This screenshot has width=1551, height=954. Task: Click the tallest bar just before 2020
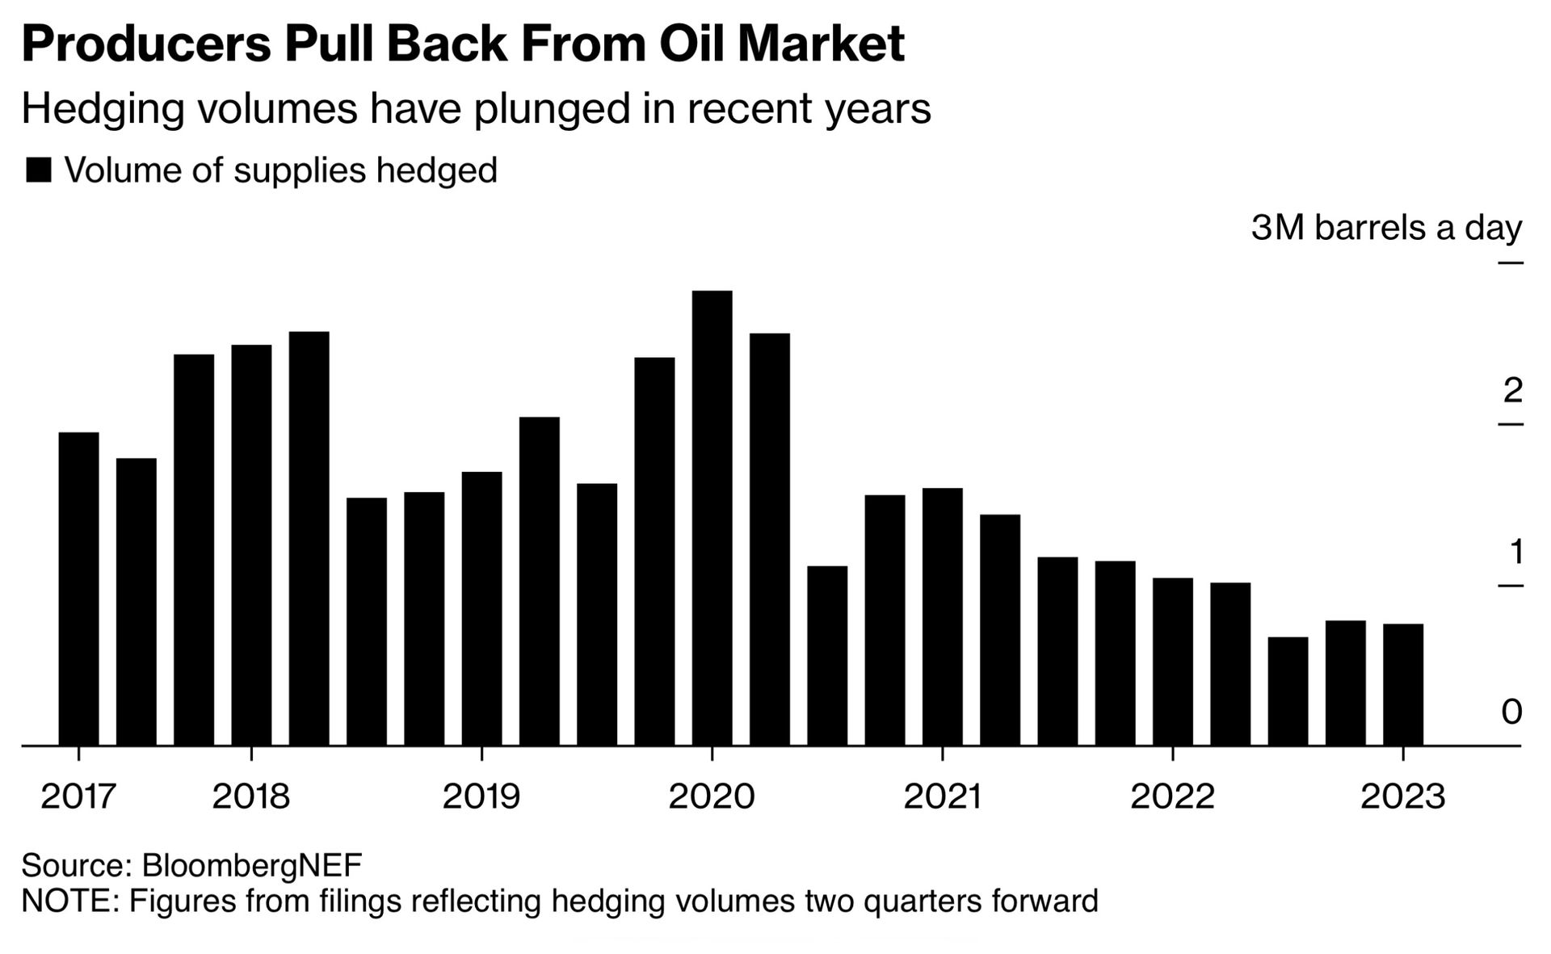coord(712,517)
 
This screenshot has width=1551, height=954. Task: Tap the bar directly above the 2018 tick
coord(251,544)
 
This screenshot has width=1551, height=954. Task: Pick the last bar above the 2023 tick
coord(1403,684)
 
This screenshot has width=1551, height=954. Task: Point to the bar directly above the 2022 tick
coord(1172,662)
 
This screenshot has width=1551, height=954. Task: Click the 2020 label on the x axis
coord(712,796)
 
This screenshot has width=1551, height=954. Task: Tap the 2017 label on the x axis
coord(79,796)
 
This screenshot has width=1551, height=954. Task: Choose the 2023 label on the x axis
coord(1403,796)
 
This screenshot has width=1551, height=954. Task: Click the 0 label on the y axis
coord(1511,712)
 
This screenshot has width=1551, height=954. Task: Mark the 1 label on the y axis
coord(1515,552)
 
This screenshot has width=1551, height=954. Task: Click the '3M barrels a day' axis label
coord(1386,228)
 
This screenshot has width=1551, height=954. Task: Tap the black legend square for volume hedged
coord(39,170)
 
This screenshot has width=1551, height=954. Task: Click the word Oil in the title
coord(692,44)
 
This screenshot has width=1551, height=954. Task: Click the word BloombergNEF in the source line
coord(252,865)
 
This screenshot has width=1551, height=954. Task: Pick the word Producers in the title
coord(146,44)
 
